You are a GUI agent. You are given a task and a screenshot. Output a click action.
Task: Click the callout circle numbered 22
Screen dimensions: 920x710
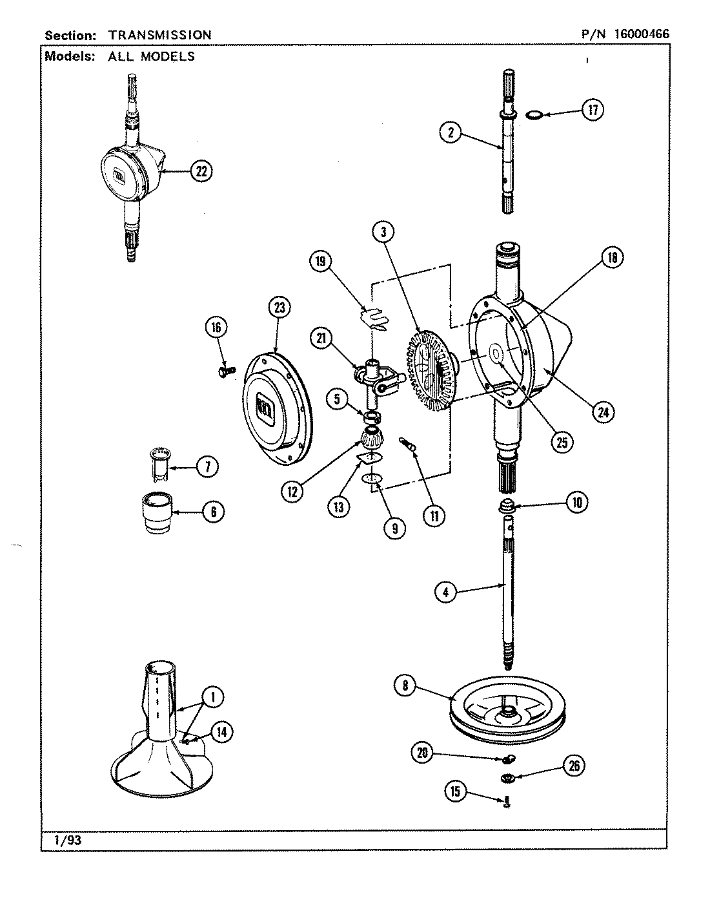point(201,171)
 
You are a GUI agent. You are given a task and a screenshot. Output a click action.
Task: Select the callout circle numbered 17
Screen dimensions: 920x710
point(593,110)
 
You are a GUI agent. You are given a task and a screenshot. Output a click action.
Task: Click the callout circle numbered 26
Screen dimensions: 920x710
point(574,766)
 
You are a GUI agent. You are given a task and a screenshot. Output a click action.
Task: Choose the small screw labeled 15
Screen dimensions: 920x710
point(507,802)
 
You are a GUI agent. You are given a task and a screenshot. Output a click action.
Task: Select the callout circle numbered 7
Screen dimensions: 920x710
point(207,467)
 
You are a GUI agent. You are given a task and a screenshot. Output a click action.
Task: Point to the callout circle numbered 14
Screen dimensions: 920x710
point(221,732)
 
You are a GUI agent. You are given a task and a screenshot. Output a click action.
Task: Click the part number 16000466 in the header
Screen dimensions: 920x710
point(642,35)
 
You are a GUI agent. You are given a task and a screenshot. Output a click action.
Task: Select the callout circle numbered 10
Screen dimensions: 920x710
point(576,502)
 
